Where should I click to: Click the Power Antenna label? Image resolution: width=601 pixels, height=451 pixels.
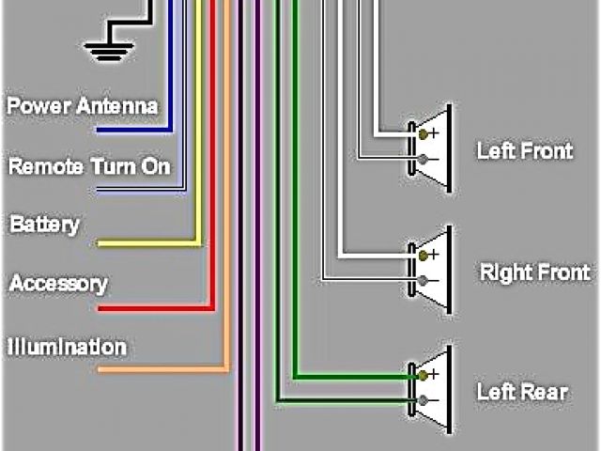click(83, 105)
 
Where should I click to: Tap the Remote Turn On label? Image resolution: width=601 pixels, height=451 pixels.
click(89, 167)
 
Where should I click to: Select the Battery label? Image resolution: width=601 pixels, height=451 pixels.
click(44, 225)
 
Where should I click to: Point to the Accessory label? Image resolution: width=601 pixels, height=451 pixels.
click(58, 284)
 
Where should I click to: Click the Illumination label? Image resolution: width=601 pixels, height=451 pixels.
click(67, 347)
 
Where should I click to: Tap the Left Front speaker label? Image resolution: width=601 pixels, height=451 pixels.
click(524, 149)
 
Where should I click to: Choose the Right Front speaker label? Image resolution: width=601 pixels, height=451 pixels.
click(534, 273)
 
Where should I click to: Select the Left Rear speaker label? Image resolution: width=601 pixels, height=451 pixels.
click(521, 391)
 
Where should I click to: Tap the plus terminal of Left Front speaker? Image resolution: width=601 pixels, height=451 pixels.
click(424, 134)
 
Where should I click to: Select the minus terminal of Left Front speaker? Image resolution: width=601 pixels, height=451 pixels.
click(424, 160)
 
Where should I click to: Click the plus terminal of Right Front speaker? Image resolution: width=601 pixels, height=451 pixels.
click(424, 255)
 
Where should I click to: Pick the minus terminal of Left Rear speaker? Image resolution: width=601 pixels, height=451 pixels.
click(424, 401)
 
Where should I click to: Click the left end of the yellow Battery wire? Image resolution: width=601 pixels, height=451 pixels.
click(100, 244)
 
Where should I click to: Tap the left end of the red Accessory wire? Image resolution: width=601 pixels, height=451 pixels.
click(100, 307)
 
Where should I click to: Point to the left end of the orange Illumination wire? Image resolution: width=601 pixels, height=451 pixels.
click(100, 369)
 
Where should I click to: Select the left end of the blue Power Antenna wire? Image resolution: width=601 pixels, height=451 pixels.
click(100, 129)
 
